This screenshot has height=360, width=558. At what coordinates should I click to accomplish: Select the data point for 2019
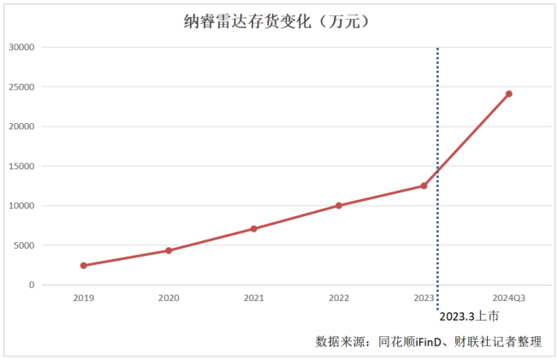(x=84, y=265)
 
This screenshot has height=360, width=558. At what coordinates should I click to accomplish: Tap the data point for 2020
(x=169, y=251)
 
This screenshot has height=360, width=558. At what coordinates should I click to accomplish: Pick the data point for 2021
(x=253, y=228)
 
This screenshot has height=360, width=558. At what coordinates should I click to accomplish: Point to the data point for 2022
(x=339, y=205)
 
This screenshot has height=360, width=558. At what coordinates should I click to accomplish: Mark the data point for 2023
(x=424, y=186)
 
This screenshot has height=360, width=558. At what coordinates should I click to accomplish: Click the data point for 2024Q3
(x=508, y=94)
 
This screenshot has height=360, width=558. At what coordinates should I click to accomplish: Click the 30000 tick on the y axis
(x=20, y=47)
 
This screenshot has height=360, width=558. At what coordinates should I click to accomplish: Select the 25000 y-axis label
(x=20, y=87)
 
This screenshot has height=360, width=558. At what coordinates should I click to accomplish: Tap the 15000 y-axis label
(x=20, y=166)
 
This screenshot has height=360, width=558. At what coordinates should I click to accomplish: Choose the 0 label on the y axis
(x=31, y=285)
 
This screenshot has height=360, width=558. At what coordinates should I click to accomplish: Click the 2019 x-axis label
(x=84, y=298)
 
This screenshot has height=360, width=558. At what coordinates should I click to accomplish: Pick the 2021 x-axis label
(x=253, y=298)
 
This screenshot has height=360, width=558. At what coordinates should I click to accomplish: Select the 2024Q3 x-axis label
(x=508, y=298)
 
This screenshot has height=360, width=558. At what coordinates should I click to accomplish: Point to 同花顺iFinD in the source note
(x=410, y=341)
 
